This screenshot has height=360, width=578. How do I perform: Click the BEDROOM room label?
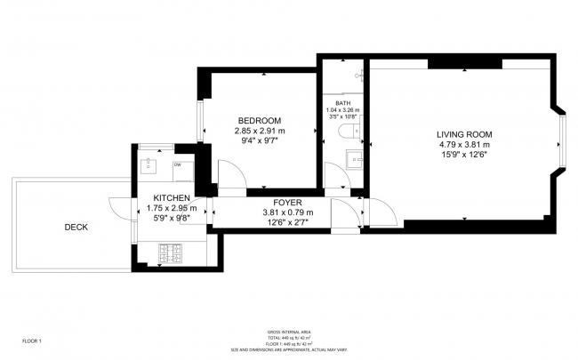259,121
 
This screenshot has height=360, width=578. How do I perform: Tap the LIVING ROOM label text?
463,134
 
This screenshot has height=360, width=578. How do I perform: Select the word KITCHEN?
171,197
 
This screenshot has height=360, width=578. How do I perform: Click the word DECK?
76,227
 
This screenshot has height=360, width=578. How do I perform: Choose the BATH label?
342,103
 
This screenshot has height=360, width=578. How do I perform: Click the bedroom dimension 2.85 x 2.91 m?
259,132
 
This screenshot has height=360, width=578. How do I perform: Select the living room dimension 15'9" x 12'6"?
463,155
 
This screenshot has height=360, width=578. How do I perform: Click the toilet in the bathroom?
350,132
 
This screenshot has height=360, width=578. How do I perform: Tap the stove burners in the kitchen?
170,255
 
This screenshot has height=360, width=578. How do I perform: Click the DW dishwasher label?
178,164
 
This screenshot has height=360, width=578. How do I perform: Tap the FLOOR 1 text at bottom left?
32,340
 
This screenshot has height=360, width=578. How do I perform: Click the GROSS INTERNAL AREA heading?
288,332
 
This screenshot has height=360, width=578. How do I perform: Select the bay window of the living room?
560,142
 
